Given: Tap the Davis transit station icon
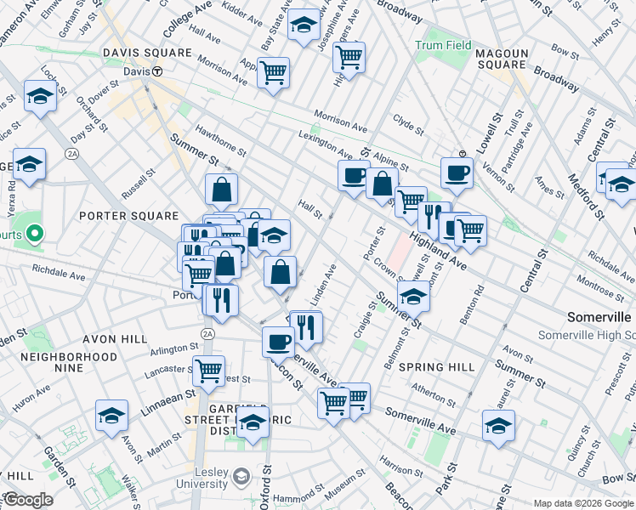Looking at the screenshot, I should click(158, 72).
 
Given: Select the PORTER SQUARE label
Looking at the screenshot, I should click(128, 216).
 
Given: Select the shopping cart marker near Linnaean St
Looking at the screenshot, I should click(208, 370).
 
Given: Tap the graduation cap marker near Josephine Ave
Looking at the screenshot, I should click(304, 25).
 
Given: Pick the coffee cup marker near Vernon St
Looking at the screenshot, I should click(457, 173).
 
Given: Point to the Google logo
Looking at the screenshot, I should click(27, 500).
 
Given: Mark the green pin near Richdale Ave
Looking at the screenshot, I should click(35, 231).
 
